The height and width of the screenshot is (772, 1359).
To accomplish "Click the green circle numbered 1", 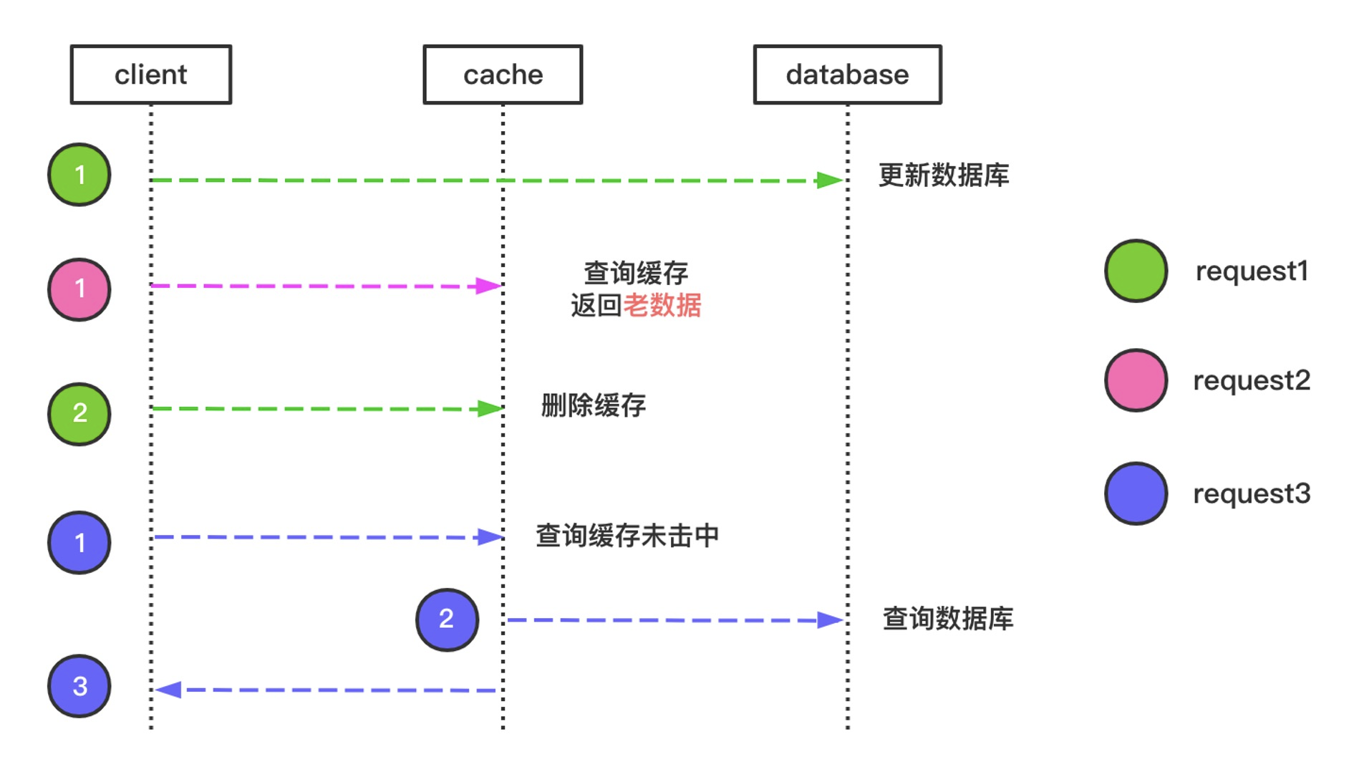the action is [x=79, y=175].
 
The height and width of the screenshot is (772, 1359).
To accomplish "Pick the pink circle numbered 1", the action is [x=79, y=289].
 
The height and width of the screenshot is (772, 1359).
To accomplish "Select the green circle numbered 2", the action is [x=79, y=414].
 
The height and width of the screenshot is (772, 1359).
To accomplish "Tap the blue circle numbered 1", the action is [x=79, y=542].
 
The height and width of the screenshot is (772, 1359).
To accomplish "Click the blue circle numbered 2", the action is [x=448, y=619].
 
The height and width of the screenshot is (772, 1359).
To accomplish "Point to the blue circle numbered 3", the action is [x=79, y=686].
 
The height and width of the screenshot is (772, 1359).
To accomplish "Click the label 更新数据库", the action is [x=944, y=175].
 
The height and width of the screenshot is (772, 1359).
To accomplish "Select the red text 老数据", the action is [x=662, y=306].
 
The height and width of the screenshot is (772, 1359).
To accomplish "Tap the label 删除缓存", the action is [x=594, y=406].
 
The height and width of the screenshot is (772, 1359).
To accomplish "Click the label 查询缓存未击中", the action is [x=627, y=536].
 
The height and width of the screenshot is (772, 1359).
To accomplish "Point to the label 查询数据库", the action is [x=948, y=619].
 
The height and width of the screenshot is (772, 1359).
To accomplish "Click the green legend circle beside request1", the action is [x=1136, y=271].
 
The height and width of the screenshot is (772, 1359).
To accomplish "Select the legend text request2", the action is [x=1252, y=380].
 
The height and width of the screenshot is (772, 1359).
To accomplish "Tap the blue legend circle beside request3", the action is [x=1136, y=493].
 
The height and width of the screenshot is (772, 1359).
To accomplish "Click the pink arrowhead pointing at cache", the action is [x=489, y=286].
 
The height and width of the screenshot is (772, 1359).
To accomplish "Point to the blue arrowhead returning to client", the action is [x=168, y=690].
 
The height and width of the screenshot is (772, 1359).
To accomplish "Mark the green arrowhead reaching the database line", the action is [x=829, y=180].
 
